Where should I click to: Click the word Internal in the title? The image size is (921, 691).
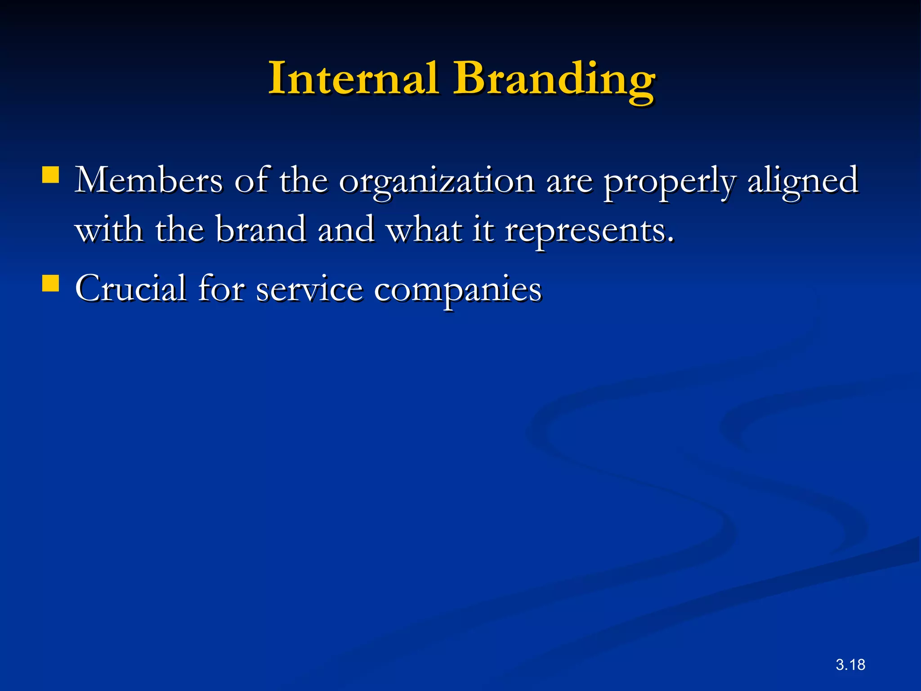[x=353, y=79]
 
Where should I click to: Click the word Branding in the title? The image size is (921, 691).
[x=554, y=81]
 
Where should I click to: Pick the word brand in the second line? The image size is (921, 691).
[x=261, y=230]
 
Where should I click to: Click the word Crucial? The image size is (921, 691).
[x=130, y=288]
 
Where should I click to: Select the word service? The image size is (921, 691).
[x=309, y=289]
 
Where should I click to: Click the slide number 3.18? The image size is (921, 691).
[x=850, y=664]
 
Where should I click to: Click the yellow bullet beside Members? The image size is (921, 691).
[x=50, y=175]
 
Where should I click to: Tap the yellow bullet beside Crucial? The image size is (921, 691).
[x=50, y=283]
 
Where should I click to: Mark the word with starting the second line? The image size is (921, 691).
[x=109, y=230]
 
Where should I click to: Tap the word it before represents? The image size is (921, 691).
[x=483, y=230]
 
